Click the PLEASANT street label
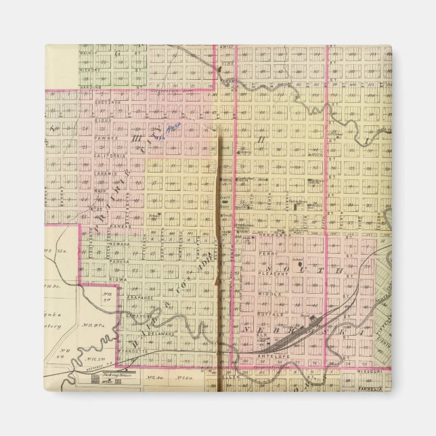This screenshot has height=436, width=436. point(269,268)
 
